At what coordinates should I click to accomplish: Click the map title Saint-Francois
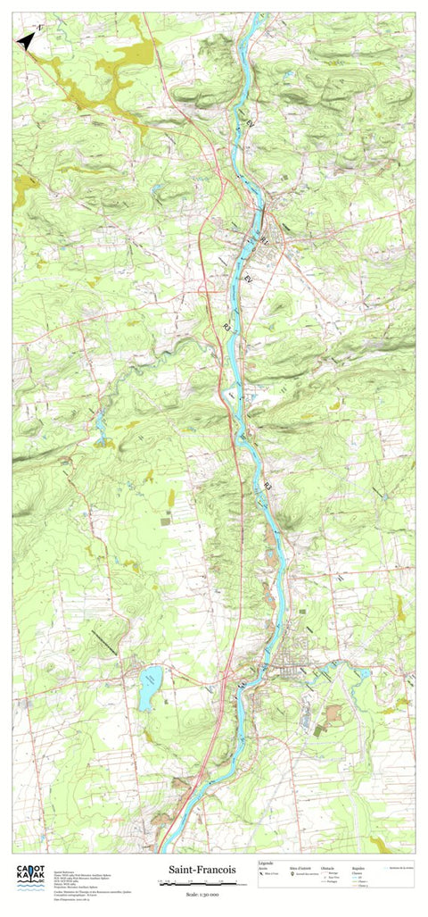201,869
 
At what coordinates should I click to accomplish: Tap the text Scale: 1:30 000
201,892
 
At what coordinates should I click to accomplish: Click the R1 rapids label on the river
265,241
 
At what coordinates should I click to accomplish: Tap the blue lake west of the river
149,688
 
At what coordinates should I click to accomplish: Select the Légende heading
267,863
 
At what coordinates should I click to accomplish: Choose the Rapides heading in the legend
361,867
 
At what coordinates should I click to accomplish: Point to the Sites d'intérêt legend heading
300,867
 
